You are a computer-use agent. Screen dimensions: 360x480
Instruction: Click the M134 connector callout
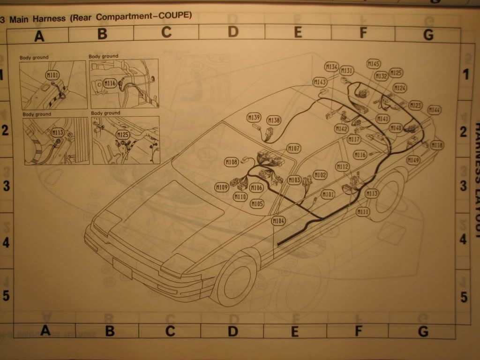pos(332,67)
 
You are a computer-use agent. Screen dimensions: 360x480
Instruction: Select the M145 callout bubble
pos(374,64)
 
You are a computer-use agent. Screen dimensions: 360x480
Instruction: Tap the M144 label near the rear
pos(435,110)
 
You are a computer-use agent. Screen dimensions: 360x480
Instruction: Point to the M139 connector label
pos(254,117)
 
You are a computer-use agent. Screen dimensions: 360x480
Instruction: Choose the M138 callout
pos(274,120)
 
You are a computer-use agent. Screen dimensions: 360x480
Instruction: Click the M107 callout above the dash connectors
pos(294,149)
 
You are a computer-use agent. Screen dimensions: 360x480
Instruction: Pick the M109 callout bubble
pos(222,187)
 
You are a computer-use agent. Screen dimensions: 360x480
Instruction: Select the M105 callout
pos(257,203)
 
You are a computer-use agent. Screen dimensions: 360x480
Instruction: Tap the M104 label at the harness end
pos(278,220)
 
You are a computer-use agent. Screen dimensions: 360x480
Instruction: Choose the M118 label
pos(437,145)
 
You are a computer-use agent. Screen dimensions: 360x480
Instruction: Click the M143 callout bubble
pos(320,82)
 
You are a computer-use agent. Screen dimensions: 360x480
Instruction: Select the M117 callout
pos(354,139)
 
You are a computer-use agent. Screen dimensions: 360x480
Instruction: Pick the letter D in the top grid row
pos(233,32)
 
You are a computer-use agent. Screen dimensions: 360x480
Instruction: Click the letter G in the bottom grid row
pos(423,331)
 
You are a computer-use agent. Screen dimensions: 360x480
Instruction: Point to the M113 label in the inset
pos(57,132)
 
